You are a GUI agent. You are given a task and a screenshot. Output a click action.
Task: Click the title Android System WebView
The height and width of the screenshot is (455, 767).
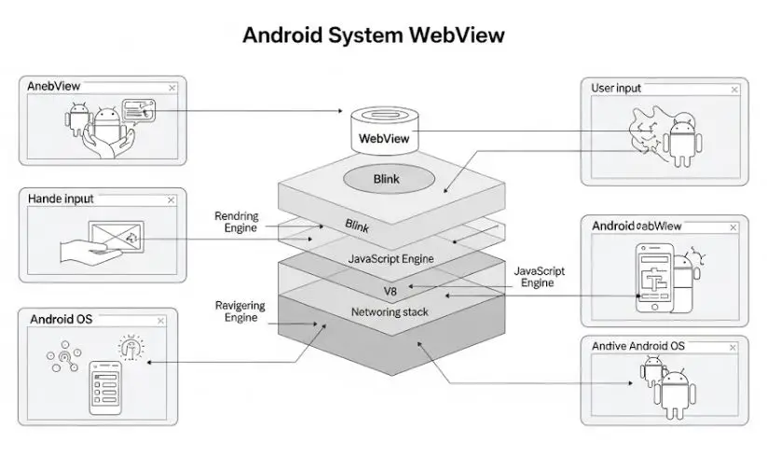pyautogui.click(x=373, y=35)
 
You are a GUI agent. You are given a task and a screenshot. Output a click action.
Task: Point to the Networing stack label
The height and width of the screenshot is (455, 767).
pyautogui.click(x=389, y=311)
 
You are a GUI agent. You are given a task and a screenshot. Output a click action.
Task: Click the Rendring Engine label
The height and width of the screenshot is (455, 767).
pyautogui.click(x=237, y=222)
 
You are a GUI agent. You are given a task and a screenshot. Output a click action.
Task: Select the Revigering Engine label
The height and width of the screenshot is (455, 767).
pyautogui.click(x=240, y=311)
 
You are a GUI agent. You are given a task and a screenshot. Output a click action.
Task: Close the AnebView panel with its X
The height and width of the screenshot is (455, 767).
pyautogui.click(x=172, y=87)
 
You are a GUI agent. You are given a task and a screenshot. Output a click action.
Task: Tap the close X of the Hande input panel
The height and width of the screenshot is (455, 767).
pyautogui.click(x=171, y=199)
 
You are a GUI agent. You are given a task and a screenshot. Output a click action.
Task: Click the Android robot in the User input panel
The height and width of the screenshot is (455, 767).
pyautogui.click(x=681, y=143)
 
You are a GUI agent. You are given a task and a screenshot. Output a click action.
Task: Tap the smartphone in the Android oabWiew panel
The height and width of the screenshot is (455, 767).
pyautogui.click(x=654, y=277)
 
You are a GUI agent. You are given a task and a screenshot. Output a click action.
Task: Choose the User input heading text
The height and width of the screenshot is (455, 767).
pyautogui.click(x=616, y=89)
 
